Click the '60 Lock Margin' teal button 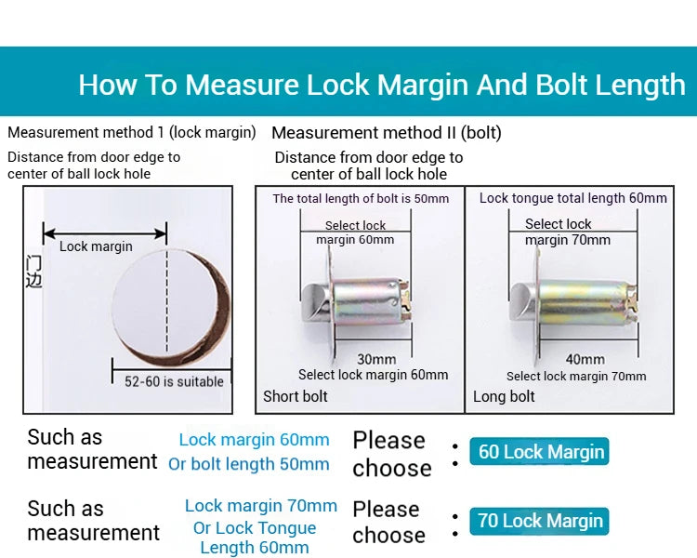[539, 452]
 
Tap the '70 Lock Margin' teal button [539, 521]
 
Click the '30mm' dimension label [376, 359]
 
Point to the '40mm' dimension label [585, 359]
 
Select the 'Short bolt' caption [296, 396]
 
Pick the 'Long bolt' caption [504, 396]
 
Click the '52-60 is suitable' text [174, 381]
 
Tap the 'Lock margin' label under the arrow [96, 246]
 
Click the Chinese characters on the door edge [33, 272]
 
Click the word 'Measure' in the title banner [242, 84]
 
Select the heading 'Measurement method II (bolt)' [387, 133]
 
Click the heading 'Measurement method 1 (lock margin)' [132, 132]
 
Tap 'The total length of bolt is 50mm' [361, 198]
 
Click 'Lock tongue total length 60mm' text [573, 198]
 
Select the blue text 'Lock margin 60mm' [255, 440]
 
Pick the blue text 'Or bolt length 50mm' [248, 464]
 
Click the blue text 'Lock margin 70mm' [261, 506]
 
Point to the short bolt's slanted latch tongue [315, 303]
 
